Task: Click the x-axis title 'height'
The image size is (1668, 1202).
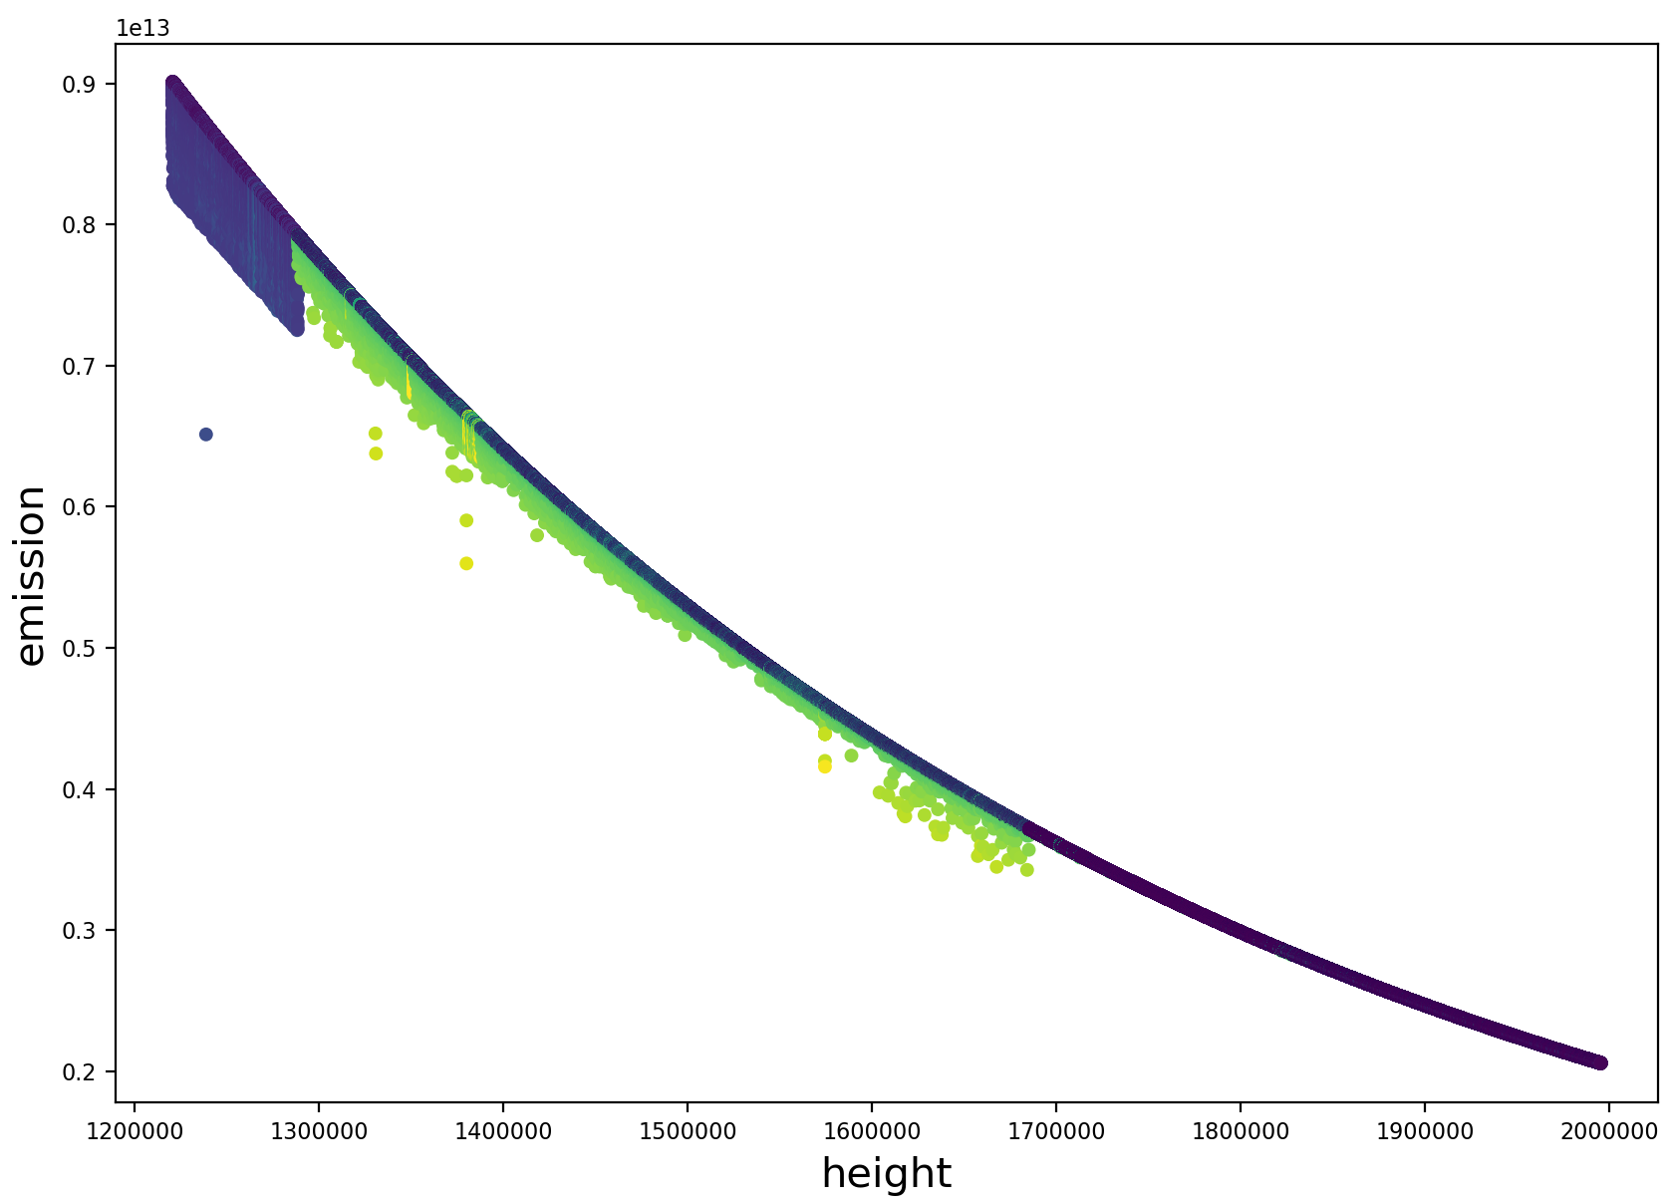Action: (x=886, y=1174)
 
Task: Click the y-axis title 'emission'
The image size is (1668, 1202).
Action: (x=32, y=576)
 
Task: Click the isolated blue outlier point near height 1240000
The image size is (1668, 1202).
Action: (x=206, y=435)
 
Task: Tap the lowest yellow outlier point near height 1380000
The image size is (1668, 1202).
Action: (x=466, y=563)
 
